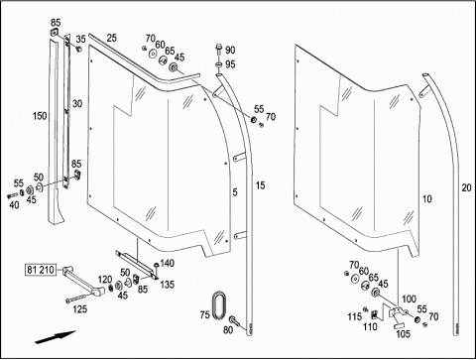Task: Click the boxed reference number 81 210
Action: (41, 270)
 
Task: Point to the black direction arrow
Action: (56, 337)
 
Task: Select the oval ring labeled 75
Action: (218, 305)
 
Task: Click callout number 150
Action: (40, 116)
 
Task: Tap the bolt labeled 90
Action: (219, 50)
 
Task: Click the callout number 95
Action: (230, 64)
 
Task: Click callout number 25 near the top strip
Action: (112, 38)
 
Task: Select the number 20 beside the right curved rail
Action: (466, 187)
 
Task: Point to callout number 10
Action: (427, 199)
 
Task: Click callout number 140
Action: (167, 263)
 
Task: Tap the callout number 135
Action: (168, 285)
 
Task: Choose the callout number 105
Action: (403, 334)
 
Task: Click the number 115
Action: (354, 316)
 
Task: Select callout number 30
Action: (77, 104)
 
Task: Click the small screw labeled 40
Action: (12, 195)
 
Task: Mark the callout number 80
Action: (228, 329)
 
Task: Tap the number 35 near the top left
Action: (80, 39)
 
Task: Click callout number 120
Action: (105, 280)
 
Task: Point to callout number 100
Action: (409, 299)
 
